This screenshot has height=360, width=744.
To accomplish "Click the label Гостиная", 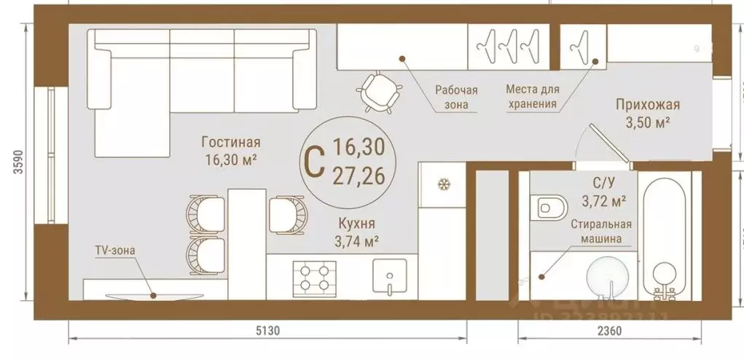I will (x=231, y=143).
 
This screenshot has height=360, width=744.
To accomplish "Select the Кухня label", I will (x=357, y=224).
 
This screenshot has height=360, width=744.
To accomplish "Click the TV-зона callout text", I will (x=114, y=250).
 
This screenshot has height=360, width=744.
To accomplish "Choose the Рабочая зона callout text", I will (x=456, y=97).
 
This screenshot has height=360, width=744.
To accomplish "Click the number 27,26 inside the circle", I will (x=358, y=175).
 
